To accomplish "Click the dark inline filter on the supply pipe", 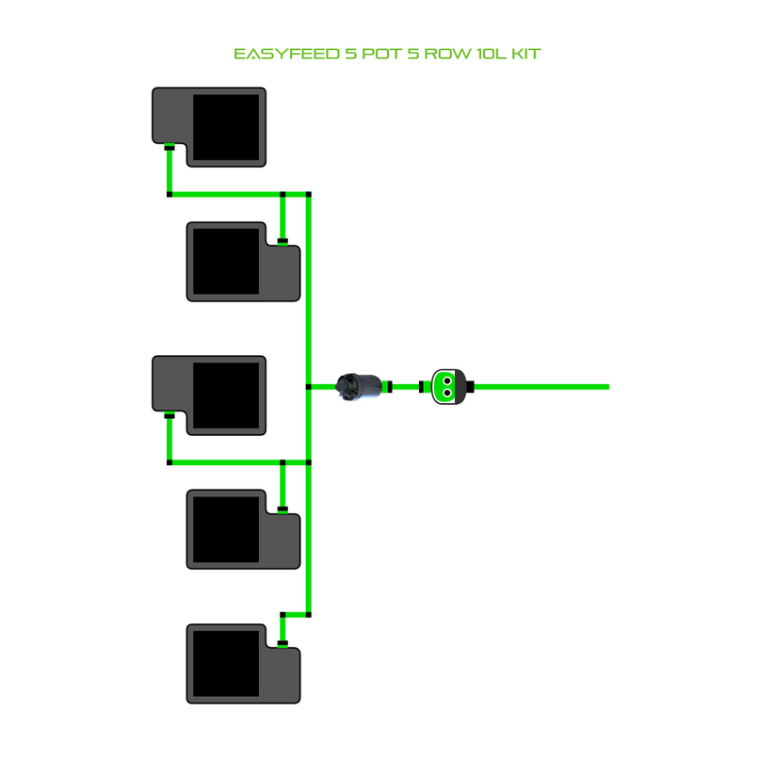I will [361, 386].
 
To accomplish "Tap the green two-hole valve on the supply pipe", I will [448, 386].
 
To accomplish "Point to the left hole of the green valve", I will [441, 382].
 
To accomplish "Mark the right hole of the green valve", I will [456, 382].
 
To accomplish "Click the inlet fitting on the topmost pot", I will [170, 148].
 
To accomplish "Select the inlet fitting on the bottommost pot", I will [283, 644].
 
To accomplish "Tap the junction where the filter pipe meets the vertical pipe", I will [309, 386].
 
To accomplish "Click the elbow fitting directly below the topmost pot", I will [170, 195].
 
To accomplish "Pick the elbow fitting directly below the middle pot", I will [170, 462].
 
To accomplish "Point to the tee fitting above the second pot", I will [283, 195].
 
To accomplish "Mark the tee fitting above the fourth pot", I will [283, 462].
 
